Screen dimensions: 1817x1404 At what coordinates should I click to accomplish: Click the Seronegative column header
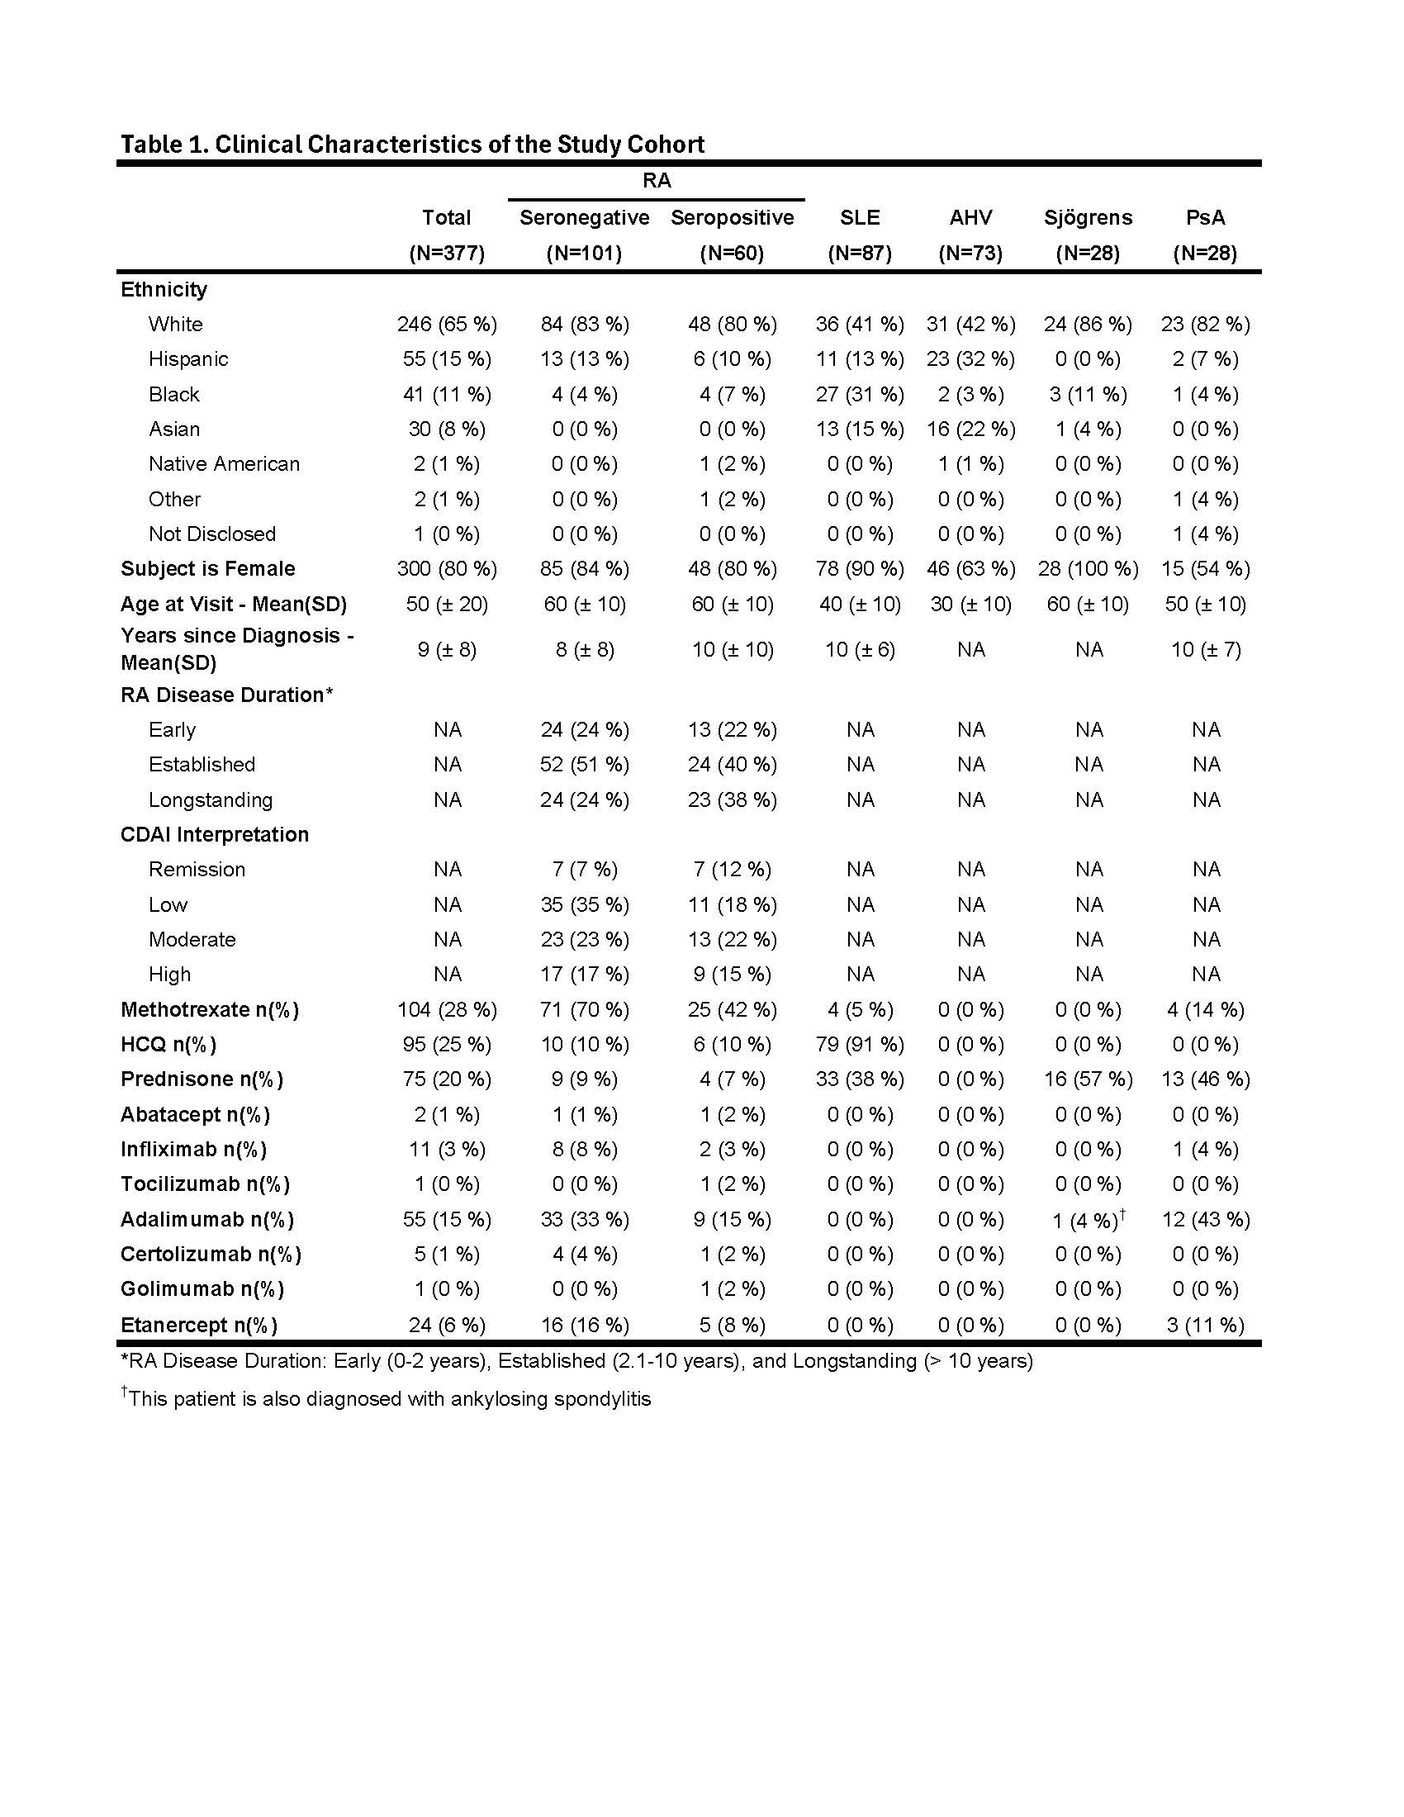[x=584, y=218]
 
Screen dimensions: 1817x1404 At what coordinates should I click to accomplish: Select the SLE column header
[x=859, y=218]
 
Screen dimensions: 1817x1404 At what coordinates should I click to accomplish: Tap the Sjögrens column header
[x=1088, y=218]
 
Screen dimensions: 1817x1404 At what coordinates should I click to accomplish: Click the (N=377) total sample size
[x=447, y=254]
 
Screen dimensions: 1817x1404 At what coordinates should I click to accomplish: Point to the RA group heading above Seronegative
[x=657, y=181]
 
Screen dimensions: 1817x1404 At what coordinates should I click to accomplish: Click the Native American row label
[x=224, y=464]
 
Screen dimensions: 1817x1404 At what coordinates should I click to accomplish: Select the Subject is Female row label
[x=208, y=569]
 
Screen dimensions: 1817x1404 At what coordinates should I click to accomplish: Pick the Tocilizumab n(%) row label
[x=206, y=1184]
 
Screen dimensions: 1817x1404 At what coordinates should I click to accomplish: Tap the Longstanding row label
[x=211, y=800]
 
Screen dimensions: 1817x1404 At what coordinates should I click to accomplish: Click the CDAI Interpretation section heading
[x=215, y=835]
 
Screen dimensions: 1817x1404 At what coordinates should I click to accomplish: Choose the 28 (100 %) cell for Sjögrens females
[x=1088, y=569]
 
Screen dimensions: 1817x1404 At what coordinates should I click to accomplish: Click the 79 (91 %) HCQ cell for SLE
[x=859, y=1045]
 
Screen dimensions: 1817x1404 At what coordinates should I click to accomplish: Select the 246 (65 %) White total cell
[x=447, y=325]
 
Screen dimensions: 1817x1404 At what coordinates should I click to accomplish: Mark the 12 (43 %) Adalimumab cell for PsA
[x=1205, y=1221]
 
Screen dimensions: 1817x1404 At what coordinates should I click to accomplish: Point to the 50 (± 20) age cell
[x=447, y=605]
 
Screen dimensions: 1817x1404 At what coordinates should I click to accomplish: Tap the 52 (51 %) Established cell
[x=584, y=765]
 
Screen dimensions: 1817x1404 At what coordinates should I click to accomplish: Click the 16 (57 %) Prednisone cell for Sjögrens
[x=1088, y=1080]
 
